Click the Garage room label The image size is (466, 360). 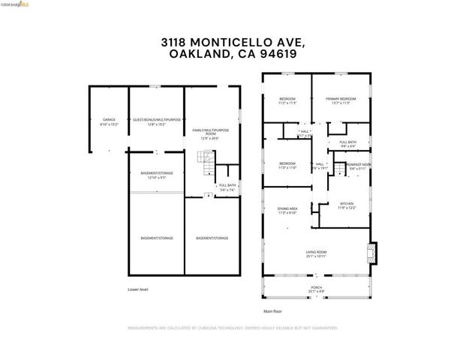[110, 121]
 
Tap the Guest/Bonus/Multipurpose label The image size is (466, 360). [157, 121]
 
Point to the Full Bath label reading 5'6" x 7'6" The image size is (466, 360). [227, 187]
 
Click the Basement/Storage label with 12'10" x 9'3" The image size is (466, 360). [157, 175]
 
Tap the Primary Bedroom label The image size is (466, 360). [341, 100]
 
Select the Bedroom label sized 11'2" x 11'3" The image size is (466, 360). [288, 100]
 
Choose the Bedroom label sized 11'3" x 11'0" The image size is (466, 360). [288, 165]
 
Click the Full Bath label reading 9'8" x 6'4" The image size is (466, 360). [347, 144]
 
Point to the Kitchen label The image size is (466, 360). [346, 205]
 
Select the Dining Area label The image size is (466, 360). [288, 211]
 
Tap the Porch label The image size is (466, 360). [316, 289]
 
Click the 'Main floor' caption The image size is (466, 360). [273, 310]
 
